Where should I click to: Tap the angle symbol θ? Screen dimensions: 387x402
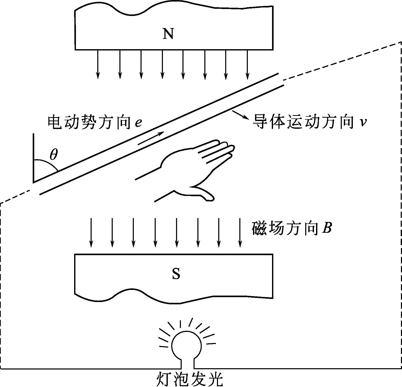pyautogui.click(x=54, y=154)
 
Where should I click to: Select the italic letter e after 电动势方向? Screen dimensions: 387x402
pyautogui.click(x=138, y=122)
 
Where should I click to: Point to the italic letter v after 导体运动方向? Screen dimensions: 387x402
pyautogui.click(x=363, y=122)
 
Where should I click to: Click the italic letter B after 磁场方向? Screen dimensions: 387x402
pyautogui.click(x=326, y=228)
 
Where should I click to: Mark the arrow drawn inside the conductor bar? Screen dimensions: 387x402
pyautogui.click(x=151, y=138)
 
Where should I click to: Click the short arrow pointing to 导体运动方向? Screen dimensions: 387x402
pyautogui.click(x=241, y=115)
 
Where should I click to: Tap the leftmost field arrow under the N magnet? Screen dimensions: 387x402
pyautogui.click(x=98, y=64)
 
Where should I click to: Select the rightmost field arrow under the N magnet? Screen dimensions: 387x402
pyautogui.click(x=247, y=64)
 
